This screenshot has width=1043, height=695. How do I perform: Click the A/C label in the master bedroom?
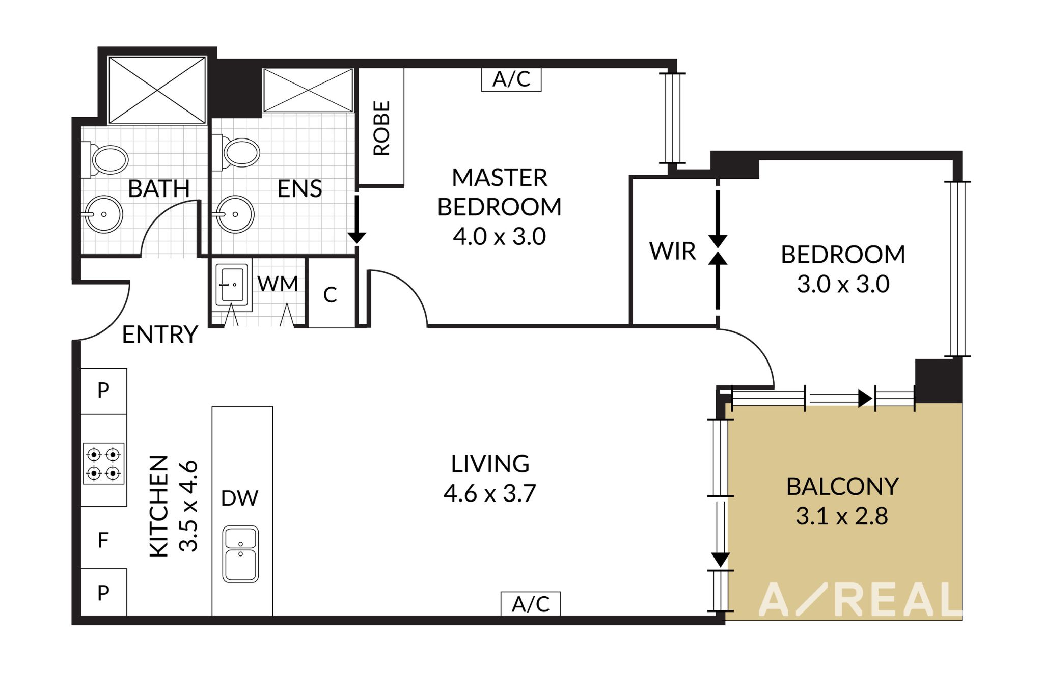coord(511,79)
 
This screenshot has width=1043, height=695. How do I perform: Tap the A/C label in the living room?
coord(531,604)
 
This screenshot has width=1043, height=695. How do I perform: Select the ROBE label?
coord(381,128)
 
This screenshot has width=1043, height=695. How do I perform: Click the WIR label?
coord(672,251)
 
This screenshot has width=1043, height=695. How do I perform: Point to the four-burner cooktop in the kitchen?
coord(104,463)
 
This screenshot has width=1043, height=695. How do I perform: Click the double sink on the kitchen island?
coord(240,554)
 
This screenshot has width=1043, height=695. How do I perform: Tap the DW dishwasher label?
coord(239,498)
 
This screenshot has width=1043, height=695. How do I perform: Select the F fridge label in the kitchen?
coord(103,540)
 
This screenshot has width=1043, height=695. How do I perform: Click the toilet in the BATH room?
coord(104,159)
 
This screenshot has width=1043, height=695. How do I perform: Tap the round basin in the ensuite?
coord(233,214)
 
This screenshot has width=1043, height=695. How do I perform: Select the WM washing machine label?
coord(278,284)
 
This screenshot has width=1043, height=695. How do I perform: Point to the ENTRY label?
coord(160,335)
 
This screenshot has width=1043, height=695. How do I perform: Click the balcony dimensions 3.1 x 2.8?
coord(842,516)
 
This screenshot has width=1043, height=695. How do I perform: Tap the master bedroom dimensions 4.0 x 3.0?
coord(500,236)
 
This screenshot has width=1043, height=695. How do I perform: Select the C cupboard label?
coord(330,295)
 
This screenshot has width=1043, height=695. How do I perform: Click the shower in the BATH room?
coord(157,90)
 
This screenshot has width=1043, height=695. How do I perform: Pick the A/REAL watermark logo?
coord(860,600)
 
